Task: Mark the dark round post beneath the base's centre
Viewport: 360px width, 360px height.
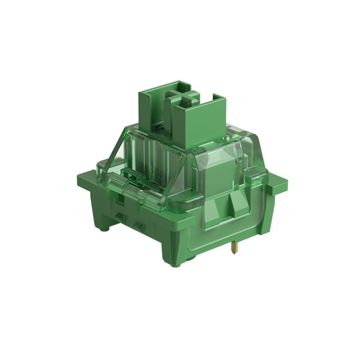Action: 189,257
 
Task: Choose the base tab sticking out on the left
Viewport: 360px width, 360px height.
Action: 84,180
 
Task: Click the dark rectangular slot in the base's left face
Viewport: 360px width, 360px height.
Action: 121,199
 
